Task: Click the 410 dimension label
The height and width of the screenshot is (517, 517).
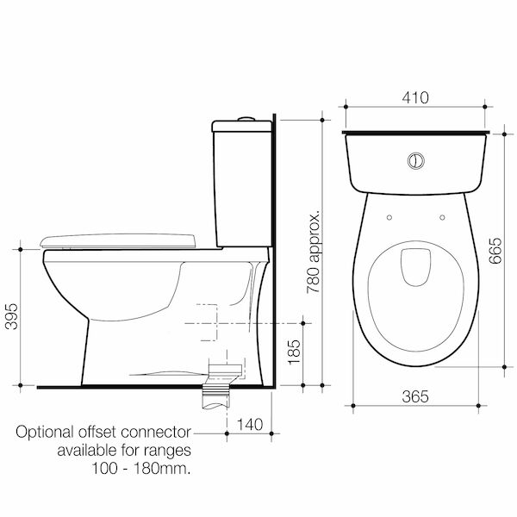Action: [x=415, y=97]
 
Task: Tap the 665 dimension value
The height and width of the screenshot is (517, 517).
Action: [x=495, y=251]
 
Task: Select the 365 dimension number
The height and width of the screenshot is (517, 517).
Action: [x=415, y=396]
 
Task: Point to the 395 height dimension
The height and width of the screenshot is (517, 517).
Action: [x=12, y=316]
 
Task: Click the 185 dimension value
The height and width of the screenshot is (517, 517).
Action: [x=294, y=352]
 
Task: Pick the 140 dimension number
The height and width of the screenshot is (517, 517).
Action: [x=250, y=424]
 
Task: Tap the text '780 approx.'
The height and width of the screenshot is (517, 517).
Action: [x=314, y=251]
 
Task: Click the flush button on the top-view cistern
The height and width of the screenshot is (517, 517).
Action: [x=415, y=161]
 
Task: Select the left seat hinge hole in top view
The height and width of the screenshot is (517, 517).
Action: [x=389, y=218]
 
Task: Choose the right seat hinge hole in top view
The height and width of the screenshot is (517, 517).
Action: [x=442, y=218]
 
